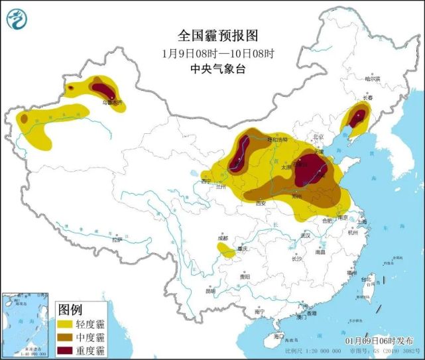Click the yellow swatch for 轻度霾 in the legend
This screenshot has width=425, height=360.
(x=66, y=324)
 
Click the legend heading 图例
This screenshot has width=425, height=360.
(x=70, y=309)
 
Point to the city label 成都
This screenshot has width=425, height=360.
(x=221, y=238)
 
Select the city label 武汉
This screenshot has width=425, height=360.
(x=304, y=235)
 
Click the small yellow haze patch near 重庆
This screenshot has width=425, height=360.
(x=227, y=251)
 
